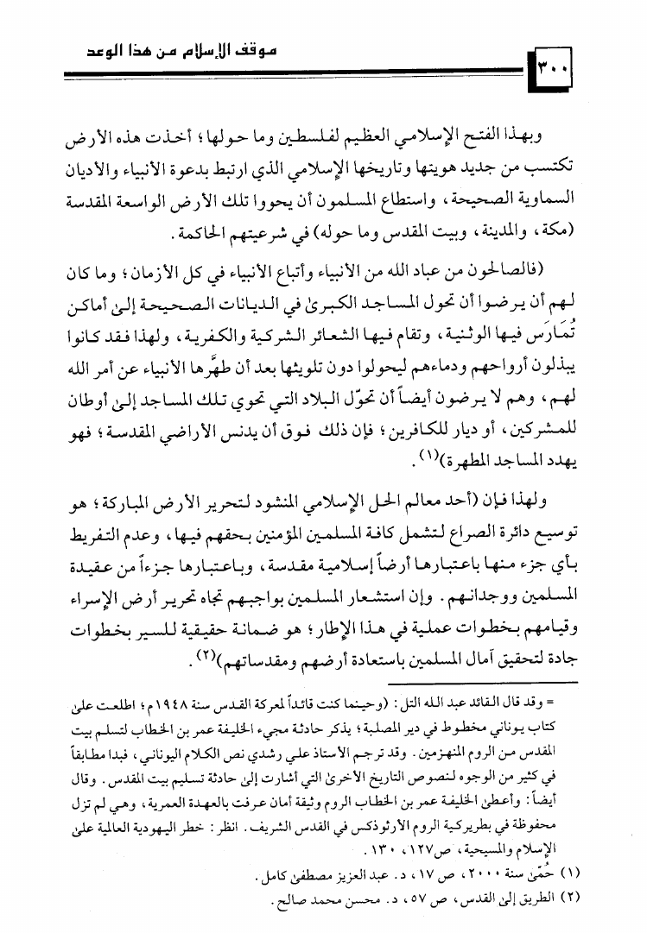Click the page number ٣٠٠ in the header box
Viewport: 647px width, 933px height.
[558, 68]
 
